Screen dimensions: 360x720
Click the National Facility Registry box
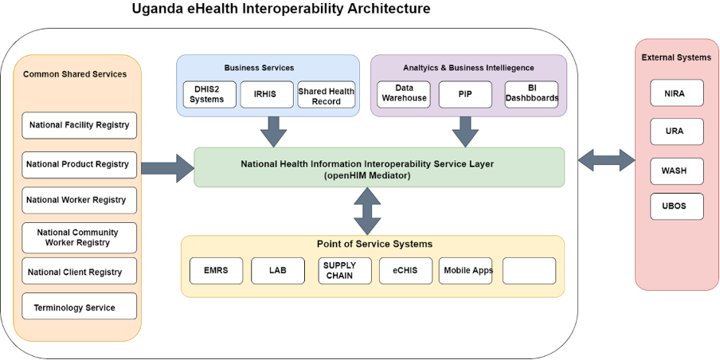pos(79,125)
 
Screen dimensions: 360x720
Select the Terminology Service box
pos(79,307)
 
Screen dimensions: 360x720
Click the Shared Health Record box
pos(326,95)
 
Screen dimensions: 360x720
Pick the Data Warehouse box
pos(403,94)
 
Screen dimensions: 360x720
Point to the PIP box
pos(465,94)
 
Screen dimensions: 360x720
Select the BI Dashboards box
pos(531,94)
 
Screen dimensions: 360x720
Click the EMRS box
pos(216,270)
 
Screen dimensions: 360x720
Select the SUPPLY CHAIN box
pos(345,270)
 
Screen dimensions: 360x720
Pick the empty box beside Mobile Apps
pos(529,270)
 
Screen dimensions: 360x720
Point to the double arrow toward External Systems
pos(606,160)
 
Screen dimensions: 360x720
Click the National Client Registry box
pos(79,272)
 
